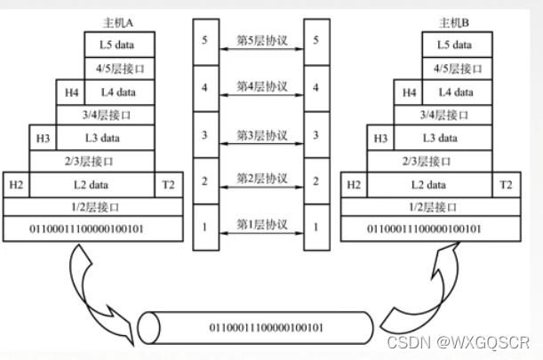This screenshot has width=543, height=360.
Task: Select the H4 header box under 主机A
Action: click(x=71, y=92)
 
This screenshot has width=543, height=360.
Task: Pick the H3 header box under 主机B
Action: click(x=381, y=138)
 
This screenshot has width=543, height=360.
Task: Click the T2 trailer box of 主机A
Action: click(x=169, y=184)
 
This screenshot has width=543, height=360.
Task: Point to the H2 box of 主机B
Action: click(x=354, y=184)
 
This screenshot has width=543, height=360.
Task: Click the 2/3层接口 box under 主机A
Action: click(x=92, y=161)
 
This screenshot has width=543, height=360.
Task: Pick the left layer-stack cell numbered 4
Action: click(x=205, y=88)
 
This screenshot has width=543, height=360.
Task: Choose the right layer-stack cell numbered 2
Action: click(x=316, y=181)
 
